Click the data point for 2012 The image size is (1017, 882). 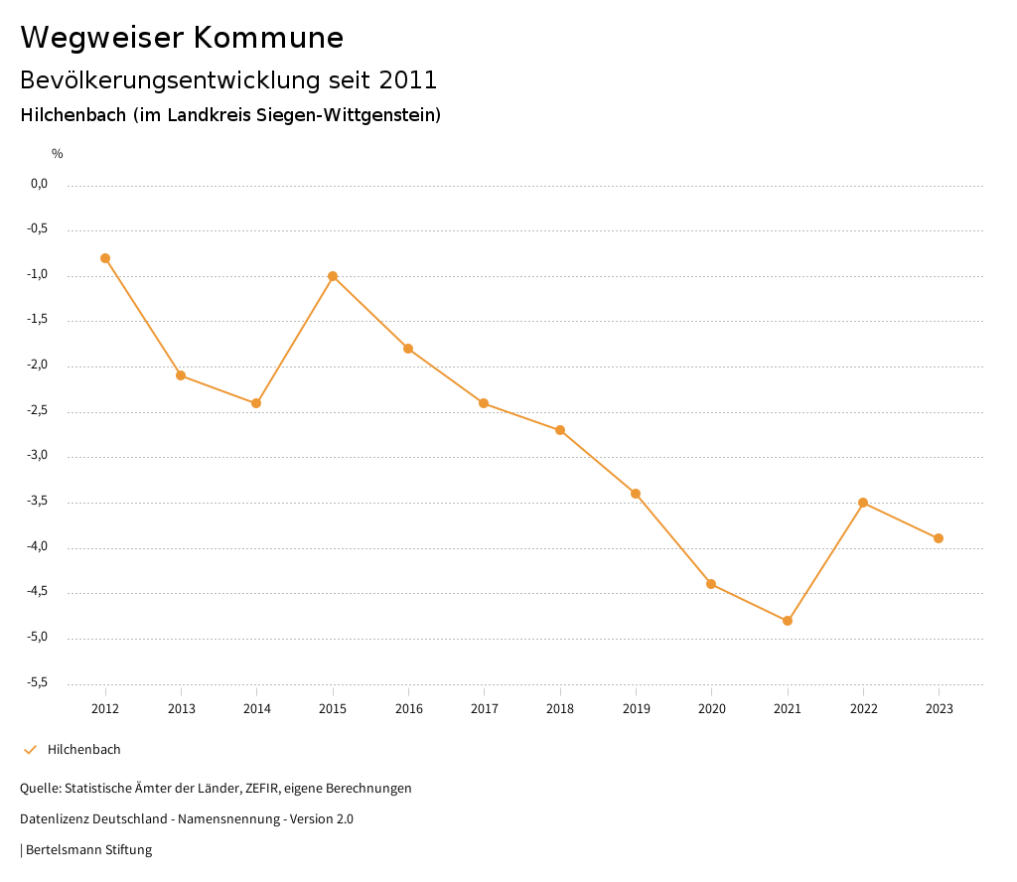105,258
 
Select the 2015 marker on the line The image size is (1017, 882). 333,276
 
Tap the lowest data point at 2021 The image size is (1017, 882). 788,621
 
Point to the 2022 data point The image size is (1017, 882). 863,503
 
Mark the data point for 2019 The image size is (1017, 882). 636,494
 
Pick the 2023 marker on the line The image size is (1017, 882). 939,538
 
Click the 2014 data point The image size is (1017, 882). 256,403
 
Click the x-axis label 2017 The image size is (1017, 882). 485,709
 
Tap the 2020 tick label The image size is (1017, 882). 712,709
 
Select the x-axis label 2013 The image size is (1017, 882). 181,709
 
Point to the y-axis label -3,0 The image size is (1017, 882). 39,456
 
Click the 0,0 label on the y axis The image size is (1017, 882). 39,184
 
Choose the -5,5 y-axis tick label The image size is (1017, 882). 39,682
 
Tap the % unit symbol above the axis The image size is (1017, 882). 58,154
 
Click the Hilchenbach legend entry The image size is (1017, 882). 83,750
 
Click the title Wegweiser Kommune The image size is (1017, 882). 182,38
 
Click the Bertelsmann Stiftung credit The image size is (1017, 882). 88,850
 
